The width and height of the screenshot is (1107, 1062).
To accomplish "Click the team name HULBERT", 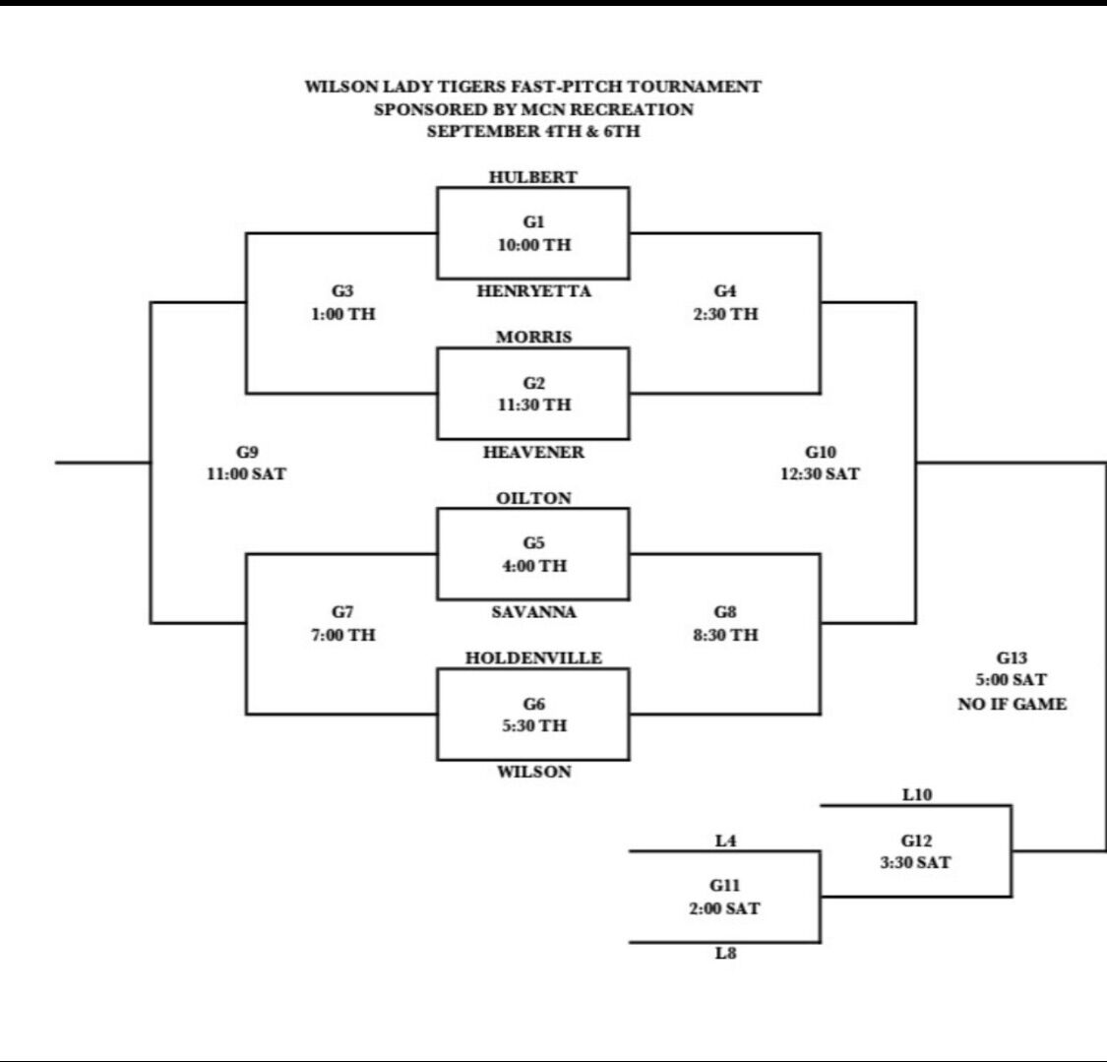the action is coord(533,177).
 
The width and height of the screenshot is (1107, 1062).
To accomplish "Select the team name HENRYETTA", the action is coord(533,291).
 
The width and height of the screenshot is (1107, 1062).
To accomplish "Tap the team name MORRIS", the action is coord(533,337).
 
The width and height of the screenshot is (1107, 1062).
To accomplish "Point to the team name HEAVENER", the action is coord(533,452).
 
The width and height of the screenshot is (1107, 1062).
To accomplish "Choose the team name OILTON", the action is coord(533,498).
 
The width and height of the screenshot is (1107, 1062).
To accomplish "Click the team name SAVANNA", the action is coord(533,612).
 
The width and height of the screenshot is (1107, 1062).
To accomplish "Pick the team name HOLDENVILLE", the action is coord(533,658).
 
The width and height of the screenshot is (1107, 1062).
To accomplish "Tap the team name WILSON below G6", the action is coord(533,772).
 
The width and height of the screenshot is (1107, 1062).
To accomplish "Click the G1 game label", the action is coord(533,221).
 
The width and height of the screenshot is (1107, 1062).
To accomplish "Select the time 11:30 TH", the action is coord(534,405).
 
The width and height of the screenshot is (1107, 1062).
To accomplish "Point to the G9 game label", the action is coord(247,452).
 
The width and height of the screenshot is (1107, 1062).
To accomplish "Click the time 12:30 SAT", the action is coord(821,473).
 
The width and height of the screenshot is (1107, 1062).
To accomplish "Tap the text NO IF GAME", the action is coord(1012,704).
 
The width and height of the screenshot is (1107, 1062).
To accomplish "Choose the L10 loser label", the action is coord(917,795).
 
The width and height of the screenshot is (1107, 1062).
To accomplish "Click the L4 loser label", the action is coord(726,841).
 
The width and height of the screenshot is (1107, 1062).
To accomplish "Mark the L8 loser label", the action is coord(726,954).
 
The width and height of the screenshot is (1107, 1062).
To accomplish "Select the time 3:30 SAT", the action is coord(916,862).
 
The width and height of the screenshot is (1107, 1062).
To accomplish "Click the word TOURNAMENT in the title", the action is coord(695,87).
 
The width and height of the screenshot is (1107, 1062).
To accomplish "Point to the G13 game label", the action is coord(1012,658).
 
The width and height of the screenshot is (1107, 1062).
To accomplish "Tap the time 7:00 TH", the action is coord(343,635).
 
